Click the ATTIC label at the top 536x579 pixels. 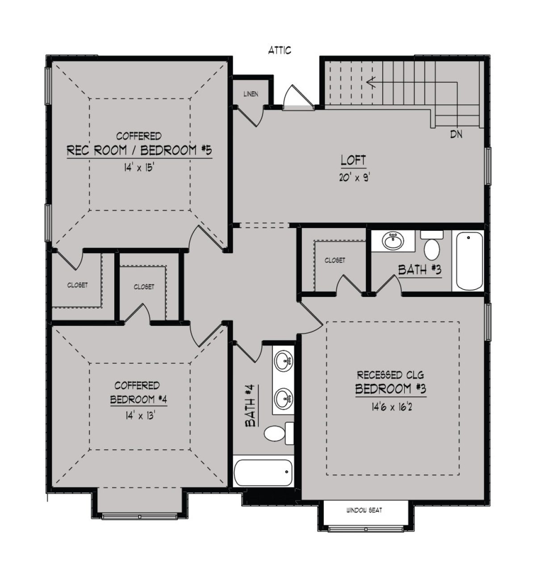(x=280, y=50)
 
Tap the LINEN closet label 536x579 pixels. (x=251, y=94)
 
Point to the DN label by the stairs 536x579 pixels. (x=456, y=135)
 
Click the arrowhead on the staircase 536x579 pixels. (x=371, y=83)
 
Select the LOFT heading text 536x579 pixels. (x=353, y=160)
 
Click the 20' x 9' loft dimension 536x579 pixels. (x=355, y=177)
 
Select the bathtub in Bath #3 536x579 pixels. (x=468, y=261)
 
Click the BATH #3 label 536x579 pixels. (x=420, y=270)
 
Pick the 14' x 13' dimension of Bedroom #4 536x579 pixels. (x=138, y=416)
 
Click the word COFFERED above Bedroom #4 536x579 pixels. (x=137, y=386)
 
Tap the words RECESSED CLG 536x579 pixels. (x=391, y=375)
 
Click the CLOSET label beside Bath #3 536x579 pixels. (x=335, y=260)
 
